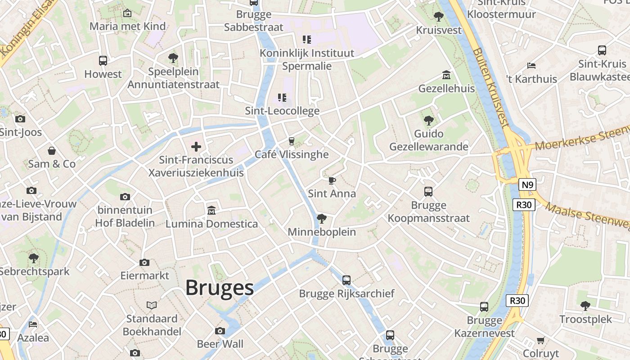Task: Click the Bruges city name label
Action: (220, 288)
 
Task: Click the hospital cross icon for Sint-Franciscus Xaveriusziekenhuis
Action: (196, 146)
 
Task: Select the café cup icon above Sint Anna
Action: (332, 181)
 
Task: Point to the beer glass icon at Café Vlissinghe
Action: (291, 141)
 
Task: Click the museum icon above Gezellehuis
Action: (446, 75)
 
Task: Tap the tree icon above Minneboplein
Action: (321, 219)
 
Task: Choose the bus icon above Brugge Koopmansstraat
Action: (428, 192)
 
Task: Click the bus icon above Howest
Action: (103, 61)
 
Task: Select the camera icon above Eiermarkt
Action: (144, 262)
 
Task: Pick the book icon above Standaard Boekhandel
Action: (152, 306)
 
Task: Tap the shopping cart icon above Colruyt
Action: (541, 340)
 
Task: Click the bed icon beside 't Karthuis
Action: (531, 66)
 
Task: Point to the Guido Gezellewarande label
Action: (428, 140)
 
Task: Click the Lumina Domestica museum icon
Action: (211, 210)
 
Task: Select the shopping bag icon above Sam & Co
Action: (52, 150)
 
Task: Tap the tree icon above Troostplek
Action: (585, 306)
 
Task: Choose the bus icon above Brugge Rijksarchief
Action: (346, 280)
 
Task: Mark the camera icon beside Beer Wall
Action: (220, 331)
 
